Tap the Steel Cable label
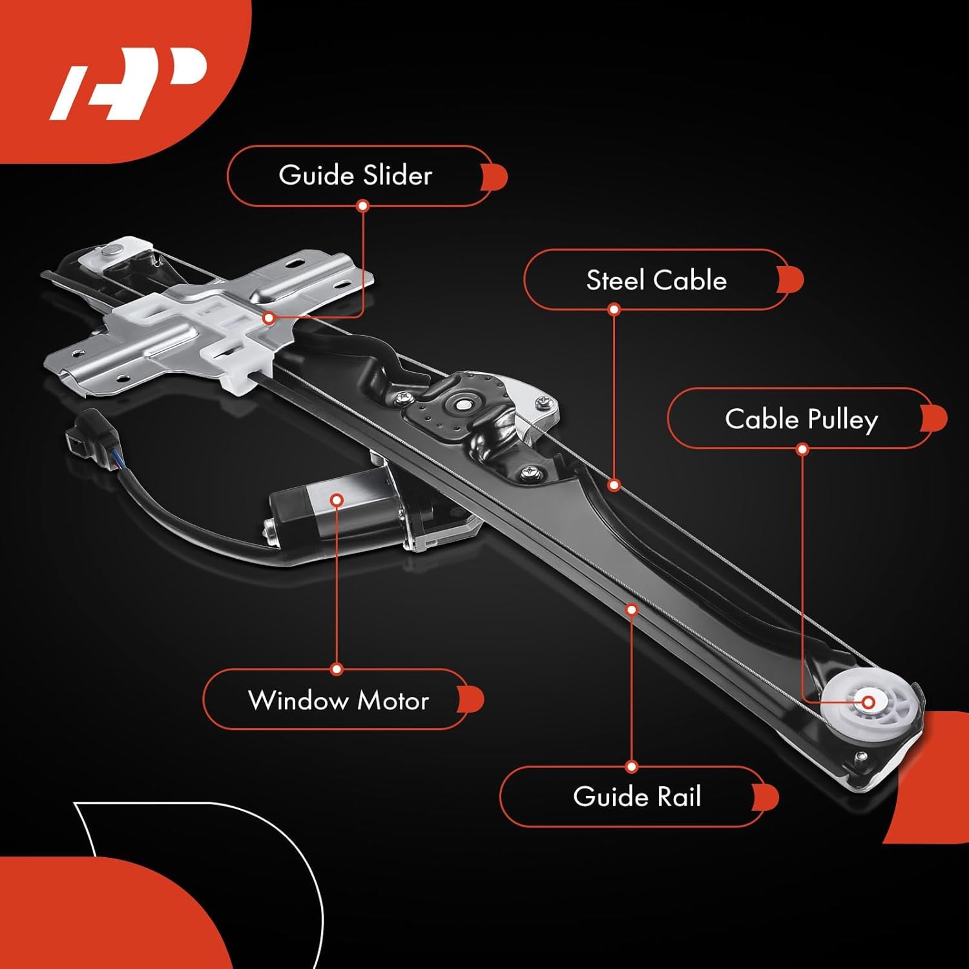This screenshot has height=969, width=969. tap(656, 280)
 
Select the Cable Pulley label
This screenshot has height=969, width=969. tap(801, 419)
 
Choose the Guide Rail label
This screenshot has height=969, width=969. tap(636, 797)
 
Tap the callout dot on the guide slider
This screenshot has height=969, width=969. tap(269, 318)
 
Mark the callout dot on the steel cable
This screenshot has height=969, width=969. tap(614, 484)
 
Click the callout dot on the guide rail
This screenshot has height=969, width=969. tap(632, 609)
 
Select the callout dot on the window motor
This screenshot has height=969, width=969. tap(337, 500)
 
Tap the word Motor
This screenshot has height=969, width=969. tap(393, 700)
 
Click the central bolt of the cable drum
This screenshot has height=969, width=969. tap(463, 405)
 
